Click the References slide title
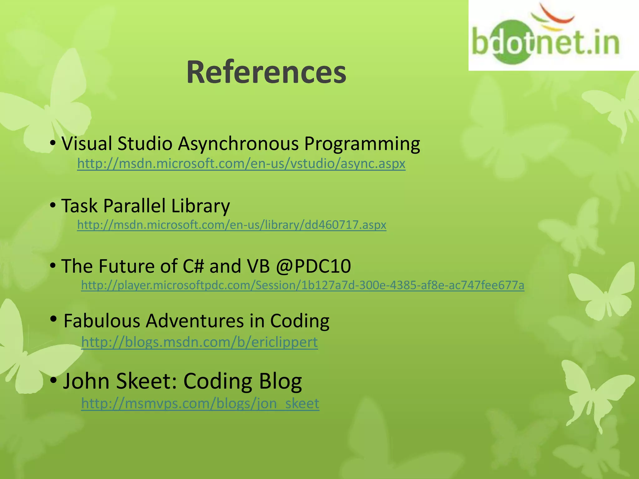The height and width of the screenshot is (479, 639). pyautogui.click(x=266, y=72)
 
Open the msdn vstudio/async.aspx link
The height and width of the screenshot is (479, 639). pyautogui.click(x=241, y=163)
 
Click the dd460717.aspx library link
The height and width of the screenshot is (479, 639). pyautogui.click(x=232, y=225)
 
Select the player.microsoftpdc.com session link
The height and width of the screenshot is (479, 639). pyautogui.click(x=303, y=285)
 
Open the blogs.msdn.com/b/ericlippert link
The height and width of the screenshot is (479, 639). pyautogui.click(x=199, y=342)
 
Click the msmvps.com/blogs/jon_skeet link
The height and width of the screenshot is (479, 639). pyautogui.click(x=200, y=403)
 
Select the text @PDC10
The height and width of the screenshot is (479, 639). pyautogui.click(x=313, y=266)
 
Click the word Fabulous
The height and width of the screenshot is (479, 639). pyautogui.click(x=102, y=321)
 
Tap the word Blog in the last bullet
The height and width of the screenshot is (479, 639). pyautogui.click(x=276, y=381)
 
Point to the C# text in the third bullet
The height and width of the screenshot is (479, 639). pyautogui.click(x=193, y=266)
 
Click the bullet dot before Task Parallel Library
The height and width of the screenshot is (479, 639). pyautogui.click(x=53, y=205)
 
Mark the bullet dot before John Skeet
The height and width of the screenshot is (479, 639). pyautogui.click(x=53, y=380)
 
